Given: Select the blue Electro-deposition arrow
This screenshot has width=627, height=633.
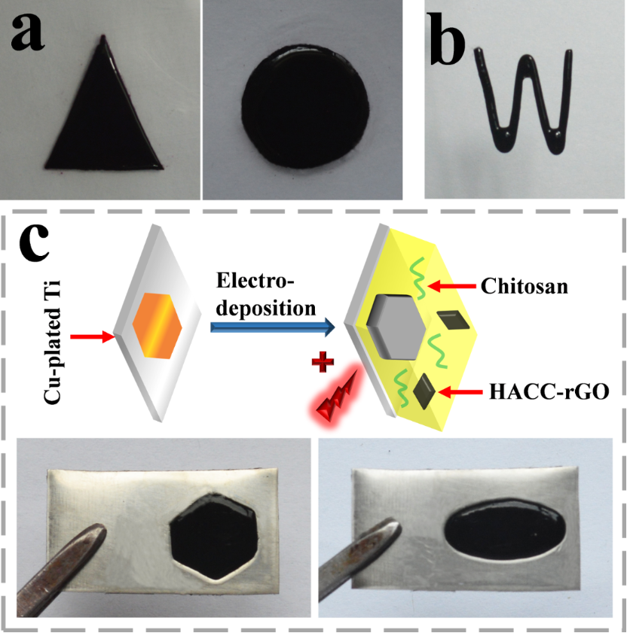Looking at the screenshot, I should [271, 326].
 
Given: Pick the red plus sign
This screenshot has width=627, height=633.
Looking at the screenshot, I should [323, 366].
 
